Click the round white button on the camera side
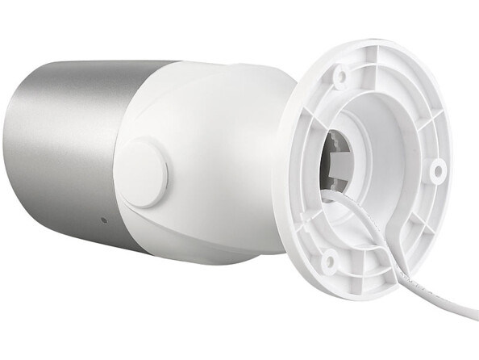tap(141, 172)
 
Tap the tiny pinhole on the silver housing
tap(103, 220)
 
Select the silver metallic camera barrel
tap(65, 145)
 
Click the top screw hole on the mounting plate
tap(341, 77)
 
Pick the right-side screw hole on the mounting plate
tap(438, 170)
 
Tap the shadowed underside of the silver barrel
tap(73, 226)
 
